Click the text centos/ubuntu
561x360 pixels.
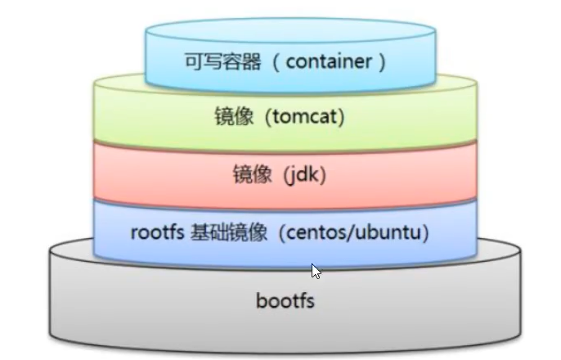[351, 232]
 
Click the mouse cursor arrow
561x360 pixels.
[316, 272]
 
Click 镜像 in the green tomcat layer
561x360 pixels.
[237, 117]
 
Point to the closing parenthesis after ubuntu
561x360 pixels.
[424, 232]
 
